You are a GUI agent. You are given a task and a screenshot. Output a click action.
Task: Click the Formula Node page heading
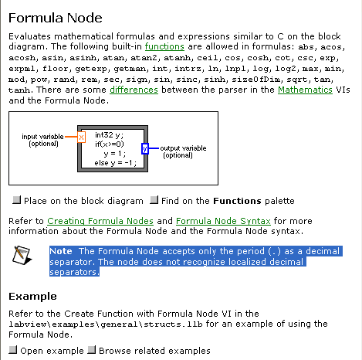[x=56, y=18]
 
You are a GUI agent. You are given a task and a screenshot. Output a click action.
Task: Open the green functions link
[x=164, y=46]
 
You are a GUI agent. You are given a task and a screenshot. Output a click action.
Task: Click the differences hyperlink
[x=134, y=90]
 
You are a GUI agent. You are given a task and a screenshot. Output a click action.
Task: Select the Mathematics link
[x=305, y=90]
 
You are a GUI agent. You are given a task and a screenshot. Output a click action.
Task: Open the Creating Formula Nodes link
[x=100, y=221]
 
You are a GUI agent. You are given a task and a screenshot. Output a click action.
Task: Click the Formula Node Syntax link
[x=223, y=221]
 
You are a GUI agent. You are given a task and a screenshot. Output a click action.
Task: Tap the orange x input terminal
[x=81, y=137]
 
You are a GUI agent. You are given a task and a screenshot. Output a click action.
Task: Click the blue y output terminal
[x=145, y=148]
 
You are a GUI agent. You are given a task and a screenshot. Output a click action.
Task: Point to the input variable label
[x=42, y=140]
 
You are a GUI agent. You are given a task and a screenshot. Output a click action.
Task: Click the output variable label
[x=183, y=151]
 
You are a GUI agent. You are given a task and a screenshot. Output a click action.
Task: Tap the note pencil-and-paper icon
[x=22, y=255]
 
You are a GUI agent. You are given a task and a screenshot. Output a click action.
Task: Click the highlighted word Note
[x=61, y=251]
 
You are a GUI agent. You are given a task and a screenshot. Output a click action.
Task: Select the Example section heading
[x=32, y=297]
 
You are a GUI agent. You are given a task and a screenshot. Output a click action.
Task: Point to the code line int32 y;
[x=109, y=135]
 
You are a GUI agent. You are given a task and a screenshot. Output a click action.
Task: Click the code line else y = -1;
[x=115, y=163]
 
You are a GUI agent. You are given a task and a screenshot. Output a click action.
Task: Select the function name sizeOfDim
[x=256, y=80]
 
